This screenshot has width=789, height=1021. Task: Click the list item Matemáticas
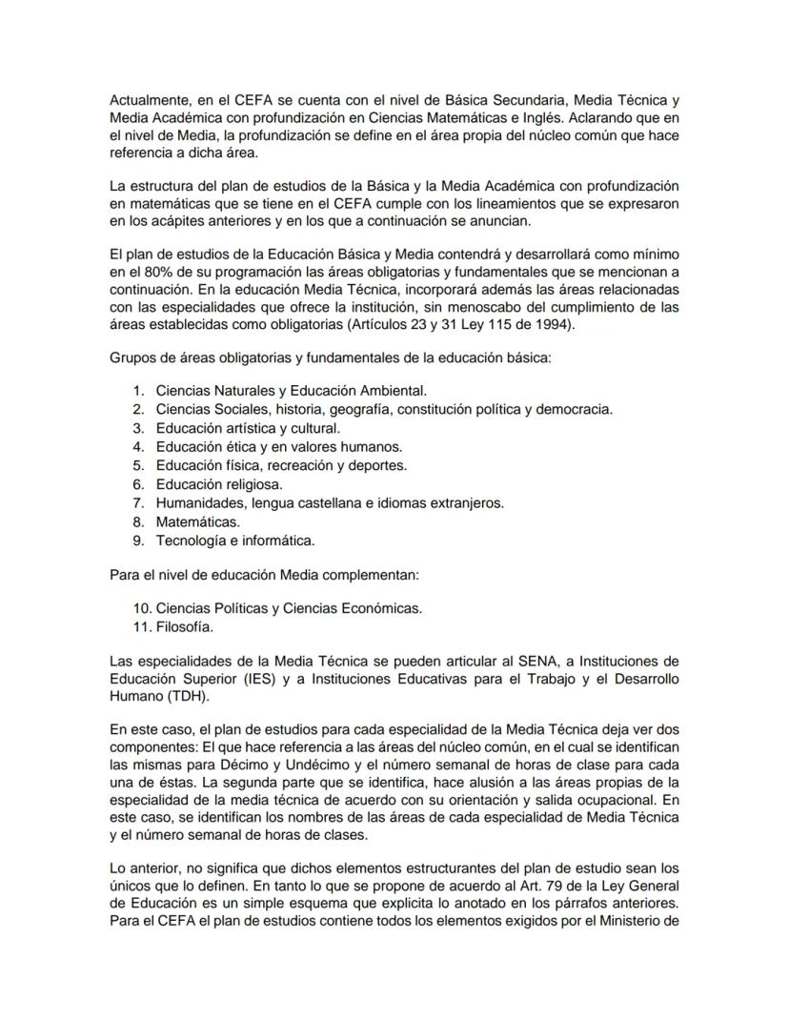point(197,521)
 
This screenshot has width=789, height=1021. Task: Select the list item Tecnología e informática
point(234,541)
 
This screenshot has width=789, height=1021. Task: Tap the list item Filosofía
point(184,626)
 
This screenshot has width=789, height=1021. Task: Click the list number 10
point(141,608)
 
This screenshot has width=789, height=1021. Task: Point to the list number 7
point(137,502)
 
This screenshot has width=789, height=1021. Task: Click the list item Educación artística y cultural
point(248,428)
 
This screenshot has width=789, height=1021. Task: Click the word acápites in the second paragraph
point(181,221)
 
